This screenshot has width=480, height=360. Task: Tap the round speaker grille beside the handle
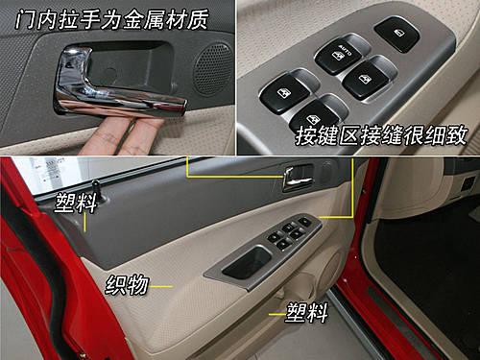pos(213,69)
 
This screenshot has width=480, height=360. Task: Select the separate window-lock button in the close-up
pos(396,34)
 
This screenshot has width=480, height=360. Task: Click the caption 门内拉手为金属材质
pos(112,19)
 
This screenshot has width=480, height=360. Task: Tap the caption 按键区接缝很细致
pos(381,135)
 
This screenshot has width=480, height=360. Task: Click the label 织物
pos(127,284)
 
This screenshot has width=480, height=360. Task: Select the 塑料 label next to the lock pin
pos(76,203)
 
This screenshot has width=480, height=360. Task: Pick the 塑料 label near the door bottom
pos(307,312)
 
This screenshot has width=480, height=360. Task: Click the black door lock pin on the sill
pos(97,191)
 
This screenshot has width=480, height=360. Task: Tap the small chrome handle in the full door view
pos(297,180)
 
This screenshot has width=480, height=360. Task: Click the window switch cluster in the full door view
pos(289,233)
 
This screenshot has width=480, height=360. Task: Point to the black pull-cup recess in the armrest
pos(247,262)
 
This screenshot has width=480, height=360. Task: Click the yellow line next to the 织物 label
pos(161,287)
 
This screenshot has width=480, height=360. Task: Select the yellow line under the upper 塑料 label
pos(84,223)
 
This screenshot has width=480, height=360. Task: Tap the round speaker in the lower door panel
pos(329,272)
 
